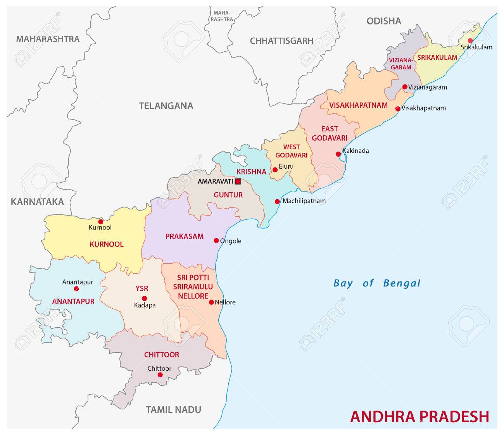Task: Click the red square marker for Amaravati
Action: (x=238, y=181)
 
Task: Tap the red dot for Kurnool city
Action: (x=100, y=222)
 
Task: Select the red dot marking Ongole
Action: (x=216, y=240)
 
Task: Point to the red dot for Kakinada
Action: (x=338, y=154)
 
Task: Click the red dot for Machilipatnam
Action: (x=277, y=201)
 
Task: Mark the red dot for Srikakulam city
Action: (x=470, y=41)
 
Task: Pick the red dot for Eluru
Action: (x=275, y=169)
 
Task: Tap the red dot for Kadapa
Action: (x=144, y=298)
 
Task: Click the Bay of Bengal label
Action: (x=377, y=283)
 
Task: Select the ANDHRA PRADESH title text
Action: (x=419, y=416)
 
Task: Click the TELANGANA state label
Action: (x=166, y=106)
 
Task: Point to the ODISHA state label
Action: (x=384, y=21)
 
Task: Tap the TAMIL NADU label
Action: (x=173, y=409)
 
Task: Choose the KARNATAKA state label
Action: (x=37, y=202)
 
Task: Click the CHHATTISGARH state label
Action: (x=281, y=41)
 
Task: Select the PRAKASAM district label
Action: (x=184, y=236)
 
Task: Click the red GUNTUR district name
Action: (x=228, y=195)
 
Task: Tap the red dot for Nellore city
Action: (x=211, y=302)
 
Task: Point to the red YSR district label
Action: (x=142, y=288)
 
